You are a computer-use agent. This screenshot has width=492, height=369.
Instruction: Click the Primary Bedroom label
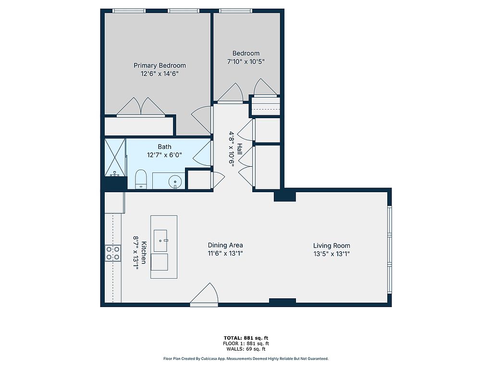point(160,65)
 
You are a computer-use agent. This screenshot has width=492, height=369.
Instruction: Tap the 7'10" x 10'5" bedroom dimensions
point(246,61)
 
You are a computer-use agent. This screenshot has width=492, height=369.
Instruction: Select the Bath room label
point(164,147)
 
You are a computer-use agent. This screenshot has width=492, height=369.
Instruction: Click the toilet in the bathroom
point(141,179)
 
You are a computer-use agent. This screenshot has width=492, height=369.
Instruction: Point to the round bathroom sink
point(175,182)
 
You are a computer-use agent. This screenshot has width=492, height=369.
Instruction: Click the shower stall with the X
point(115,158)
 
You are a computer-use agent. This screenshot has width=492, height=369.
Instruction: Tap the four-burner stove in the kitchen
point(112,253)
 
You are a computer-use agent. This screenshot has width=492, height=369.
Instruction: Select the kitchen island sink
point(160,241)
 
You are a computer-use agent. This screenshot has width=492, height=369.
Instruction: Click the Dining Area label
point(225,245)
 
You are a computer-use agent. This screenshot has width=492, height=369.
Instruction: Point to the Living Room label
point(332,246)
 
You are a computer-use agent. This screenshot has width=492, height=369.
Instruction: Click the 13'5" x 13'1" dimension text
point(332,254)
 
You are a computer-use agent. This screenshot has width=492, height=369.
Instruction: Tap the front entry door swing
point(204,294)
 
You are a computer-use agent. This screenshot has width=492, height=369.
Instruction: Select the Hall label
point(239,149)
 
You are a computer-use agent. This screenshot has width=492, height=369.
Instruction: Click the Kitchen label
point(144,253)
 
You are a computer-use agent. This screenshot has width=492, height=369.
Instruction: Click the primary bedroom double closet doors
point(141,107)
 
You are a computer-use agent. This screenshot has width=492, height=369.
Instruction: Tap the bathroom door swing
point(201,153)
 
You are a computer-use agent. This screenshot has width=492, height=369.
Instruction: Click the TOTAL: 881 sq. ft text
point(246,338)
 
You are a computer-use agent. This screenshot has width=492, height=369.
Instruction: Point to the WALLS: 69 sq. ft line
point(246,349)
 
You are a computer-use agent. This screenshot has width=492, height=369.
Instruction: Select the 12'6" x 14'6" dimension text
point(160,74)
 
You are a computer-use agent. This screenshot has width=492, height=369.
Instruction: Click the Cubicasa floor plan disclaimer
point(246,358)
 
